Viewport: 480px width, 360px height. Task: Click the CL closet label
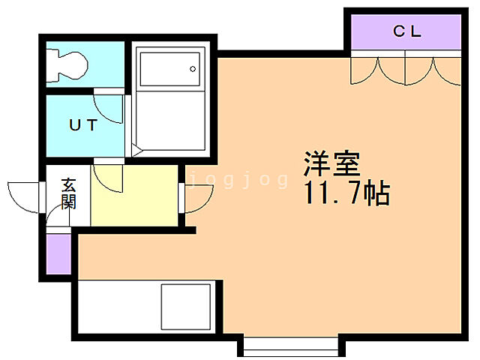(408, 31)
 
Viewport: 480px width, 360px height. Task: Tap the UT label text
(82, 125)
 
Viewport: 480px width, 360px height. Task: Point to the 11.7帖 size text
(346, 195)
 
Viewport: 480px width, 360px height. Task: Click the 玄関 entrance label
(69, 192)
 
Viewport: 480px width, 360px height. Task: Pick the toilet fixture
(68, 63)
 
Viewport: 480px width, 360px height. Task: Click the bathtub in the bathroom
(169, 70)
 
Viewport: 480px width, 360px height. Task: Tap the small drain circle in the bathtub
(193, 69)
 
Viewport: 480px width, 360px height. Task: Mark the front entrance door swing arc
(22, 197)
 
